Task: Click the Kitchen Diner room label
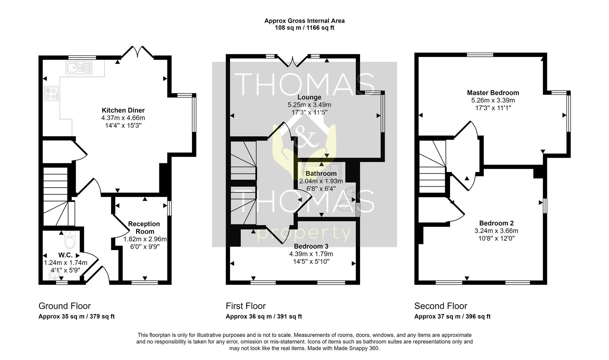click(x=123, y=110)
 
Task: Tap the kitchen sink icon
click(x=79, y=68)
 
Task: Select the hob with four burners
click(x=51, y=93)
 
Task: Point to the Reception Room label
click(x=144, y=228)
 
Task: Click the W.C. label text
click(x=65, y=255)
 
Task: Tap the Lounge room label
click(x=309, y=97)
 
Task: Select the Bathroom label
click(x=321, y=174)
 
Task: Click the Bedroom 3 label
click(x=311, y=246)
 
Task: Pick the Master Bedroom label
click(x=493, y=93)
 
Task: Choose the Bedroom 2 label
click(x=496, y=223)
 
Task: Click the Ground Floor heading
click(x=65, y=306)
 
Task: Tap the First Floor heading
click(x=246, y=306)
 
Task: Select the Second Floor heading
click(x=441, y=306)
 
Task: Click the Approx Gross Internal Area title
click(x=304, y=21)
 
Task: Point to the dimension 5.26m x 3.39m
click(x=493, y=100)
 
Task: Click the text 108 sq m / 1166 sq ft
click(x=304, y=28)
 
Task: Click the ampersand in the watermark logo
click(x=304, y=137)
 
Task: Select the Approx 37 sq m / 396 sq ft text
click(x=452, y=317)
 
